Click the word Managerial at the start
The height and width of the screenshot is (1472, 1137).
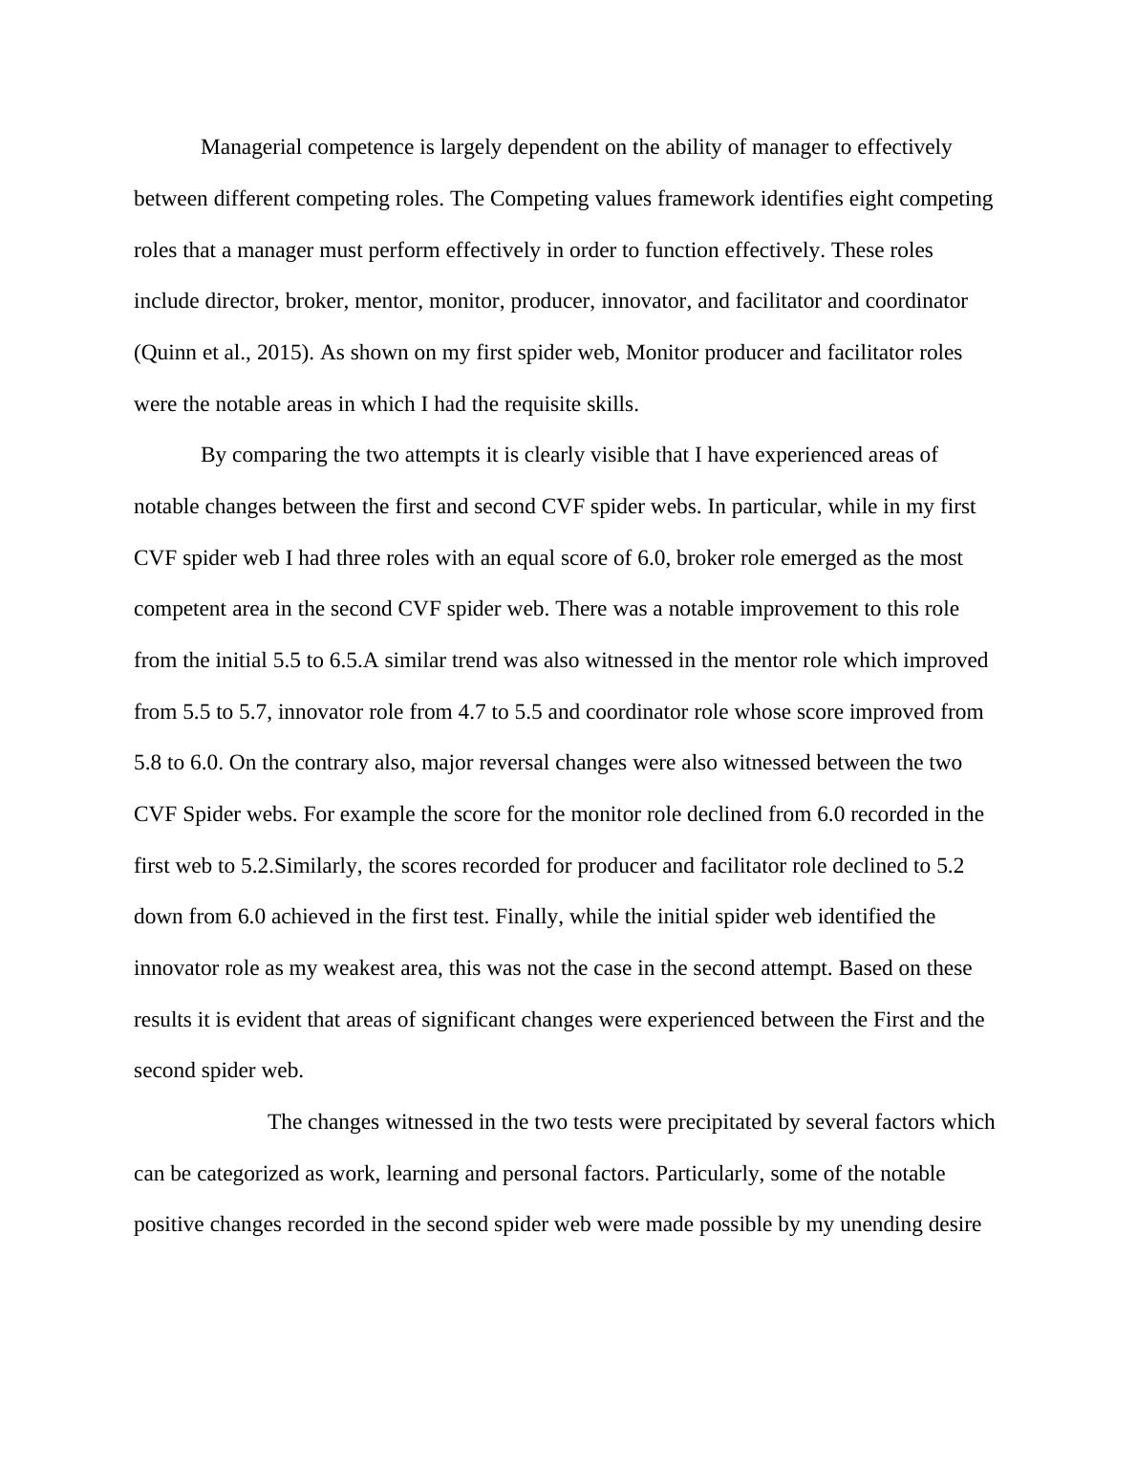click(250, 147)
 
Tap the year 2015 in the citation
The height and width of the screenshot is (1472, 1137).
click(287, 353)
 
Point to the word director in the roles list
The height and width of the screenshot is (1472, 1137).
click(242, 301)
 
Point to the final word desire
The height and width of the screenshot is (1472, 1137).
click(954, 1224)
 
